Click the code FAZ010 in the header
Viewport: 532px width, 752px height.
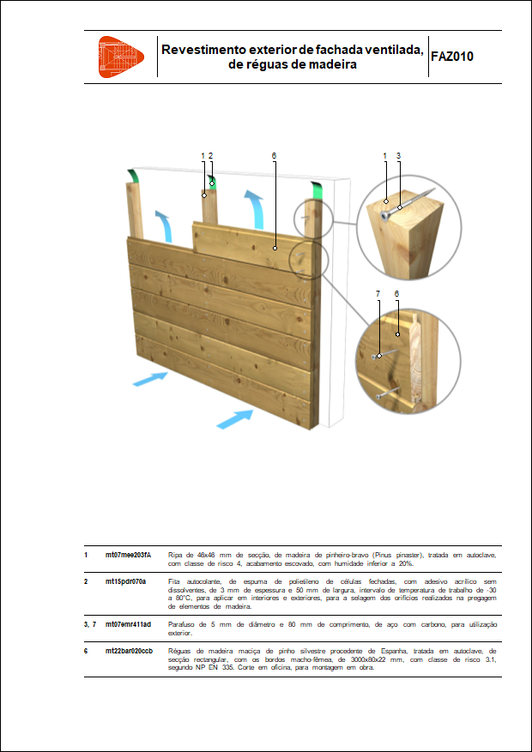coord(451,57)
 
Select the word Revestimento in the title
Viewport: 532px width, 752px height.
coord(203,50)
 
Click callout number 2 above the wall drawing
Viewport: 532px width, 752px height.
coord(210,156)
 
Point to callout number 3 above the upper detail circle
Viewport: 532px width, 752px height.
coord(399,156)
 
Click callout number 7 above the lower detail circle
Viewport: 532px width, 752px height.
coord(378,294)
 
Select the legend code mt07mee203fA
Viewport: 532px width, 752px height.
coord(128,556)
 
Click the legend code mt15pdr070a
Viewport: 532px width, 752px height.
coord(125,581)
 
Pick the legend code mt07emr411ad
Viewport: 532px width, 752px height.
coord(128,624)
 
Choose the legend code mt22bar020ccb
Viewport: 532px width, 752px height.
coord(130,651)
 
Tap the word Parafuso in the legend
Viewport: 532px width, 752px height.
coord(184,624)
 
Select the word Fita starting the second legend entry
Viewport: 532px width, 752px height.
coord(175,581)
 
